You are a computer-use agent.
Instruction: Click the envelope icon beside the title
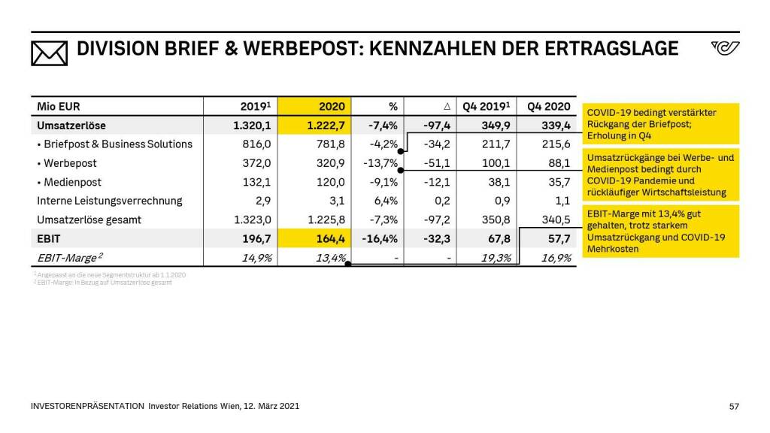[x=50, y=50]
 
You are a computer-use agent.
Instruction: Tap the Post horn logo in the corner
[x=724, y=49]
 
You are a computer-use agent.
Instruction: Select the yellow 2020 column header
[x=331, y=107]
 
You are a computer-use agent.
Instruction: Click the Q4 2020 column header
[x=549, y=107]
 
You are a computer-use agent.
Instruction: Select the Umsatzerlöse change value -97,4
[x=436, y=126]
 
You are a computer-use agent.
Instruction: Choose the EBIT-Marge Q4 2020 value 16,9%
[x=555, y=258]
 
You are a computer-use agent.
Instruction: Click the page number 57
[x=734, y=406]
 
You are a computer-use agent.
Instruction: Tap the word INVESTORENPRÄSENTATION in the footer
[x=87, y=406]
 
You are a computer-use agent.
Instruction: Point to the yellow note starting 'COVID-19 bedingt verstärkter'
[x=659, y=124]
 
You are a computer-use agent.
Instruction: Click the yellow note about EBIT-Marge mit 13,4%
[x=659, y=231]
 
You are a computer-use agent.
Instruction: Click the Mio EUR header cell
[x=59, y=107]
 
